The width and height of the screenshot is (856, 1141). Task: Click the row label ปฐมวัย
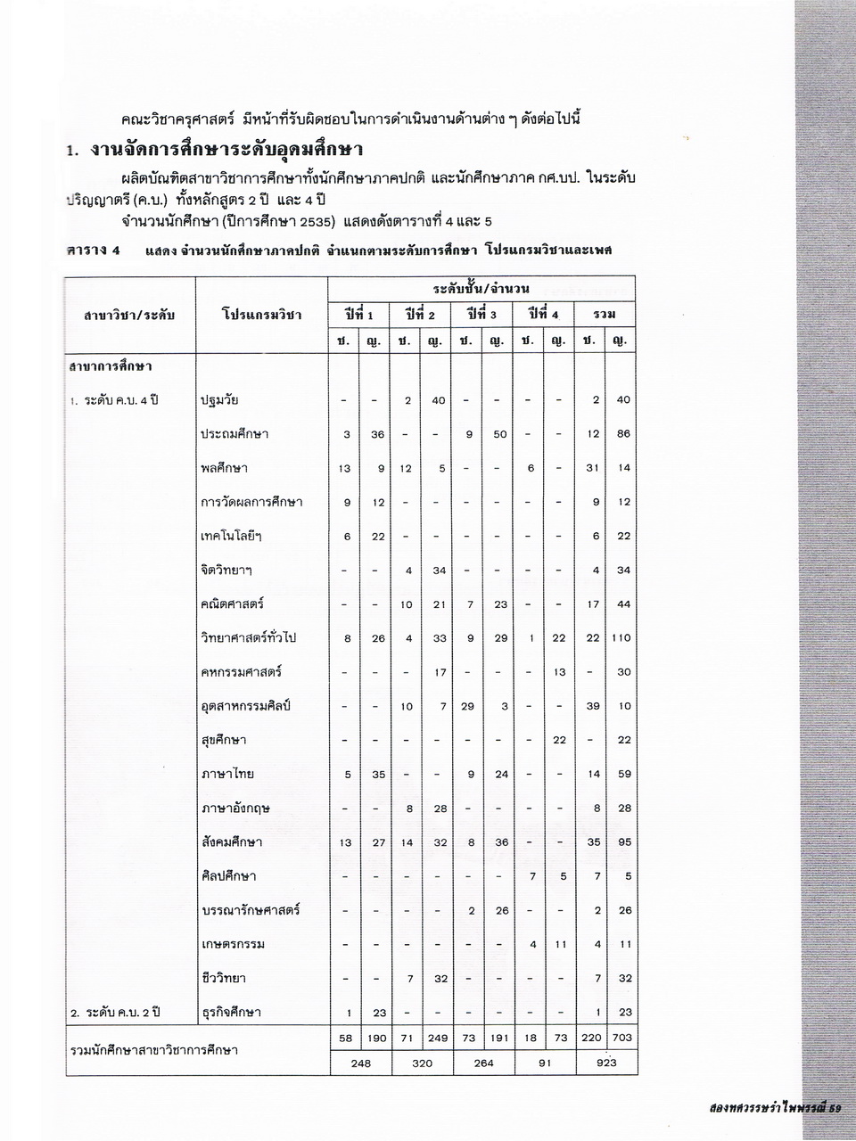(219, 400)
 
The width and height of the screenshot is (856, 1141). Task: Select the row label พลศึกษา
(224, 468)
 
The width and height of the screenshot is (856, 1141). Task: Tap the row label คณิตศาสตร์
(233, 604)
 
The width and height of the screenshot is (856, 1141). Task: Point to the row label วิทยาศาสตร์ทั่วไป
(249, 637)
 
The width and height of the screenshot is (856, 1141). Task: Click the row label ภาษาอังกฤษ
(235, 809)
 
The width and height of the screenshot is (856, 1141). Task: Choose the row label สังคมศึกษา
(232, 842)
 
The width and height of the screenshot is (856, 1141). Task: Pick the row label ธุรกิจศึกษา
(231, 1013)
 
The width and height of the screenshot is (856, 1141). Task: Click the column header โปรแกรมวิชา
(261, 315)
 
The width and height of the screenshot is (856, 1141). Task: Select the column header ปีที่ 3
(481, 315)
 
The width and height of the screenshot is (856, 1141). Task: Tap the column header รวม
(605, 315)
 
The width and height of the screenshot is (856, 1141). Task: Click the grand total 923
(605, 1063)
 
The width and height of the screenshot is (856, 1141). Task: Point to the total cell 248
(361, 1063)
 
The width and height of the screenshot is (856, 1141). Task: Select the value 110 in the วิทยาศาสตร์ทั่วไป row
(621, 638)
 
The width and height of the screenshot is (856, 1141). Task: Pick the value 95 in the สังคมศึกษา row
(623, 842)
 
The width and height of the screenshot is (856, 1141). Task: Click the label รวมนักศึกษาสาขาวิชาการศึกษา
(153, 1050)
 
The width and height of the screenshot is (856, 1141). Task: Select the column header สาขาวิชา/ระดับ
(129, 315)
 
